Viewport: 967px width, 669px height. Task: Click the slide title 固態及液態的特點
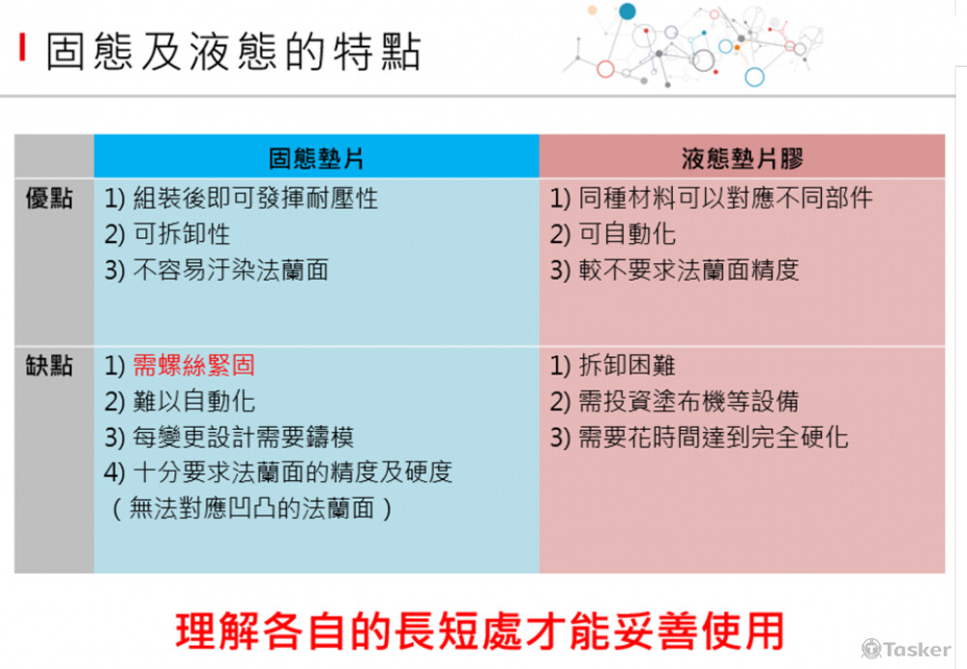point(234,51)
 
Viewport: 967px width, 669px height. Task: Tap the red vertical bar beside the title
point(23,46)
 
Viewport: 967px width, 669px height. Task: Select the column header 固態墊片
point(316,159)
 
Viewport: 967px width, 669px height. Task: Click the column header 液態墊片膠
point(743,159)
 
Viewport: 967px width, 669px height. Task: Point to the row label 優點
point(49,198)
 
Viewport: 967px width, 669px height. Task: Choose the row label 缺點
point(49,366)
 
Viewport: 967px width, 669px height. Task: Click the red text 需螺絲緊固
point(193,365)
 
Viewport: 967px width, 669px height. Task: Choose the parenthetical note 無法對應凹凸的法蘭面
point(251,508)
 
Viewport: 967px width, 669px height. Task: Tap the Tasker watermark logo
point(906,650)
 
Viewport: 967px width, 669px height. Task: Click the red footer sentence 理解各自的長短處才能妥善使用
point(480,630)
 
